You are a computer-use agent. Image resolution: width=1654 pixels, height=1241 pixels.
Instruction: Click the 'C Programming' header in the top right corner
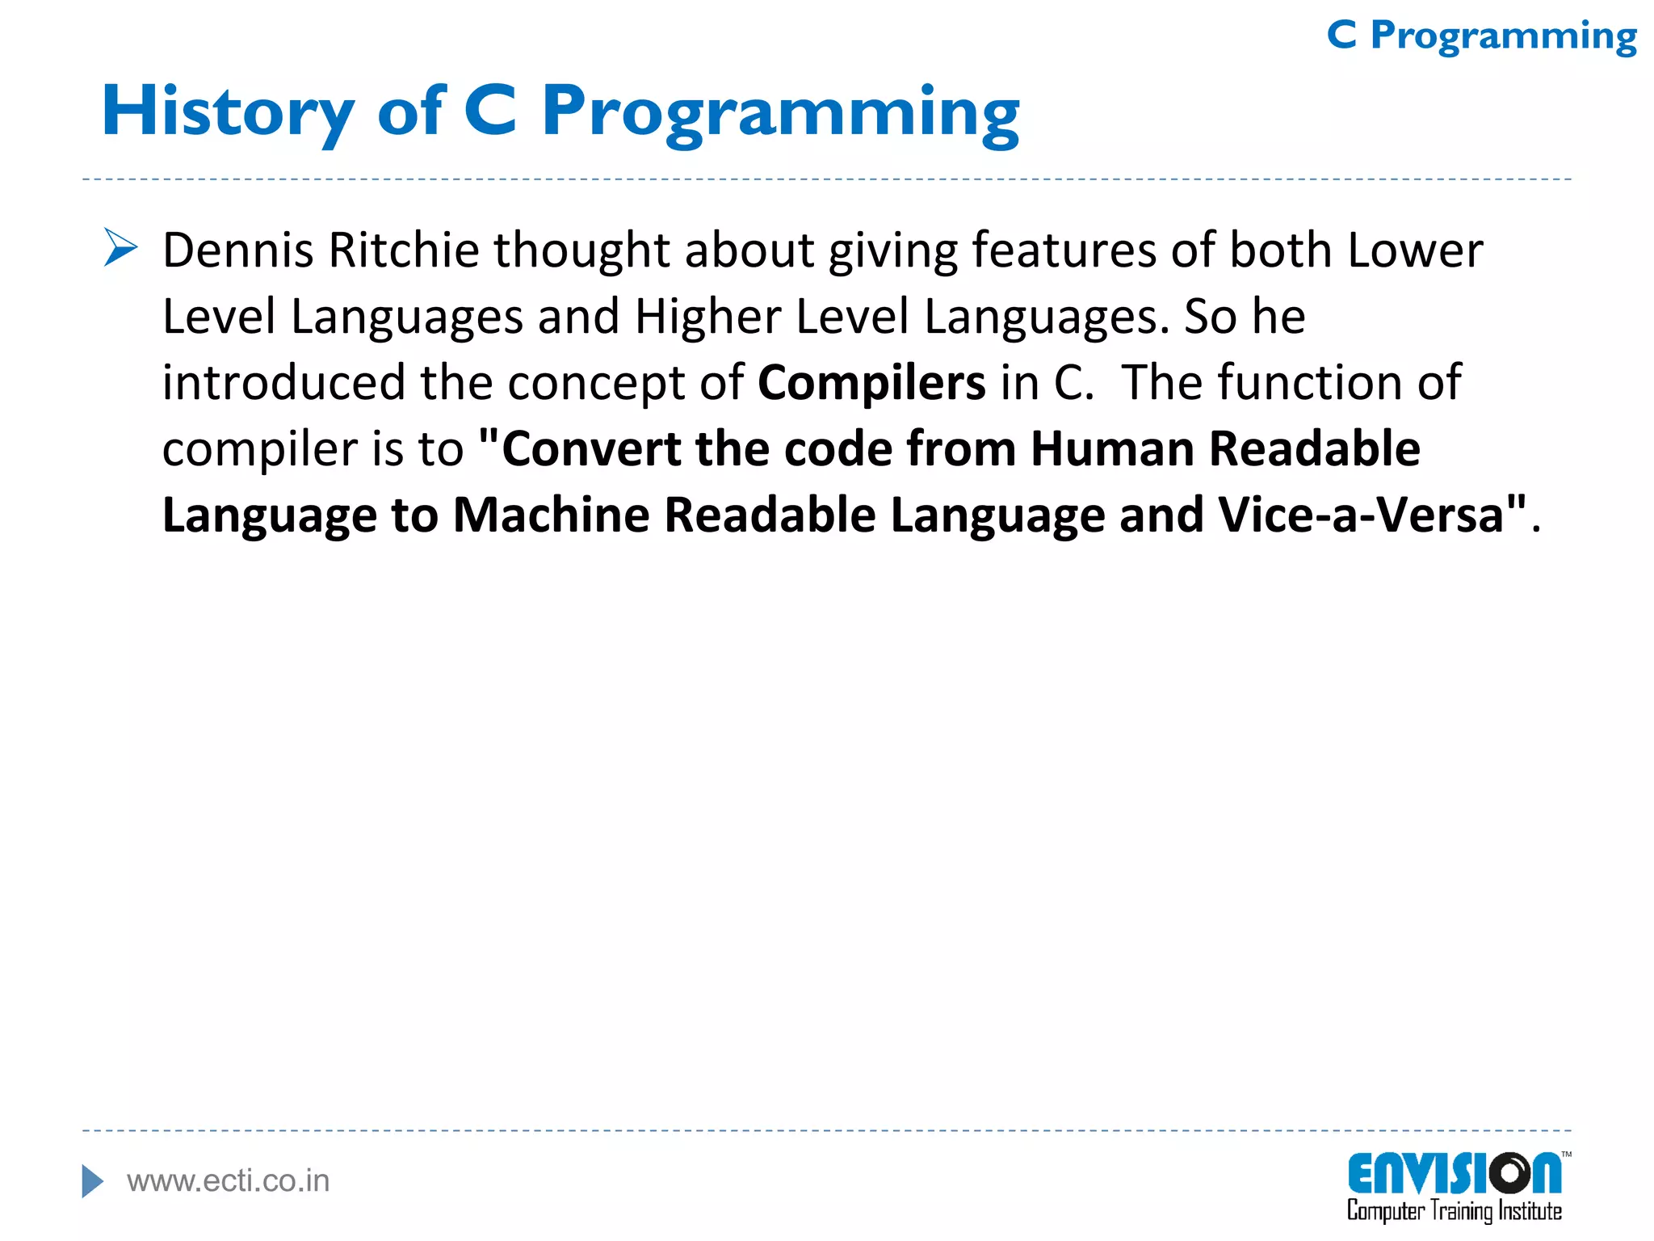tap(1481, 36)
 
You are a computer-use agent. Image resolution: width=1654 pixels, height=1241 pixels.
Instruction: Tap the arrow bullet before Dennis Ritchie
tap(121, 247)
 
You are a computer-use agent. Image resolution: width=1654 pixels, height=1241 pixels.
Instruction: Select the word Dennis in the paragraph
tap(238, 250)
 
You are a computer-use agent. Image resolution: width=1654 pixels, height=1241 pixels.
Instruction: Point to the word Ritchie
tap(404, 250)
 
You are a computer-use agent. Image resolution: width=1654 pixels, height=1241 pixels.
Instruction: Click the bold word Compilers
tap(871, 382)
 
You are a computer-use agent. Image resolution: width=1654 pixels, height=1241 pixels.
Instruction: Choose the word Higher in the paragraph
tap(707, 316)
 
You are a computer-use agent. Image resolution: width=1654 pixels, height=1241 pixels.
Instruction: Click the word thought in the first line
tap(581, 250)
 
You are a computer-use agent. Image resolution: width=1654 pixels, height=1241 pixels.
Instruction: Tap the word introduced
tap(283, 382)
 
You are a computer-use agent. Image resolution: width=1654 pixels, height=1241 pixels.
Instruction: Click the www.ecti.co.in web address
tap(229, 1181)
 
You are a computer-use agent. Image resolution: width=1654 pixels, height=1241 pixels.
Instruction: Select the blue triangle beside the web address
tap(92, 1181)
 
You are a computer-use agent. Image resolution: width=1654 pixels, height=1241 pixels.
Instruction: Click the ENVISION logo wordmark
tap(1454, 1173)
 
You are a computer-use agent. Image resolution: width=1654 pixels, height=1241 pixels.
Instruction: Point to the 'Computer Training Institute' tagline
tap(1454, 1211)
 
